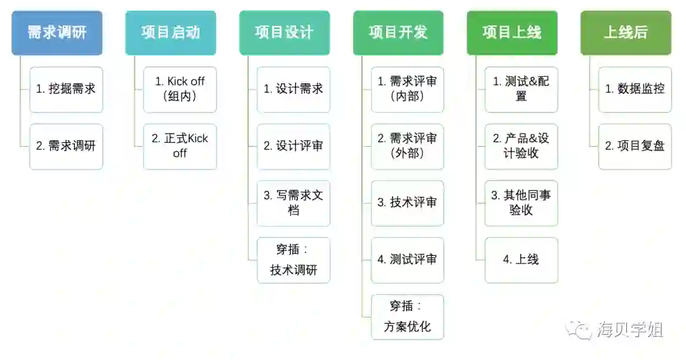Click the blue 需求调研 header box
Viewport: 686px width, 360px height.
[57, 32]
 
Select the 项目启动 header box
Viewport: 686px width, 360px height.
[170, 32]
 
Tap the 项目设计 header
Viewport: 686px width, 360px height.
[284, 32]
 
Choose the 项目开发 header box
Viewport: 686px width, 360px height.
[398, 32]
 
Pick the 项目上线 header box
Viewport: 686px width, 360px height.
[512, 32]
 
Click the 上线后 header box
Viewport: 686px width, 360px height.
[626, 32]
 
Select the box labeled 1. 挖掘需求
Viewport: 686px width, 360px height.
[66, 89]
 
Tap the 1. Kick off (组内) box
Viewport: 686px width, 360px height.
[180, 89]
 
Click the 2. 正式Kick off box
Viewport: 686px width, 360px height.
[180, 146]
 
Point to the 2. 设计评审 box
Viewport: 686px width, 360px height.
[293, 146]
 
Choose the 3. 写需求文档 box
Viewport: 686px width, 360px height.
[293, 203]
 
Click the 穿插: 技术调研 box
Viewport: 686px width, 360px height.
[293, 260]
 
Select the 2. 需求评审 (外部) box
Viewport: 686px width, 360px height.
[407, 146]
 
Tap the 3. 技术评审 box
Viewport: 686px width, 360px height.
[407, 203]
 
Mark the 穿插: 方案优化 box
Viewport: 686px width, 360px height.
[407, 316]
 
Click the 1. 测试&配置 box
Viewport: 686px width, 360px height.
[521, 89]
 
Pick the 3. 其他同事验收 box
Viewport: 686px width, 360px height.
[521, 203]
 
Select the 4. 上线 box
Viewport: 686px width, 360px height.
[521, 260]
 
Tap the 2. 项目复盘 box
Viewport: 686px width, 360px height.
[635, 146]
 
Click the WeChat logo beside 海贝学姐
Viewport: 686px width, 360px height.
[580, 330]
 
